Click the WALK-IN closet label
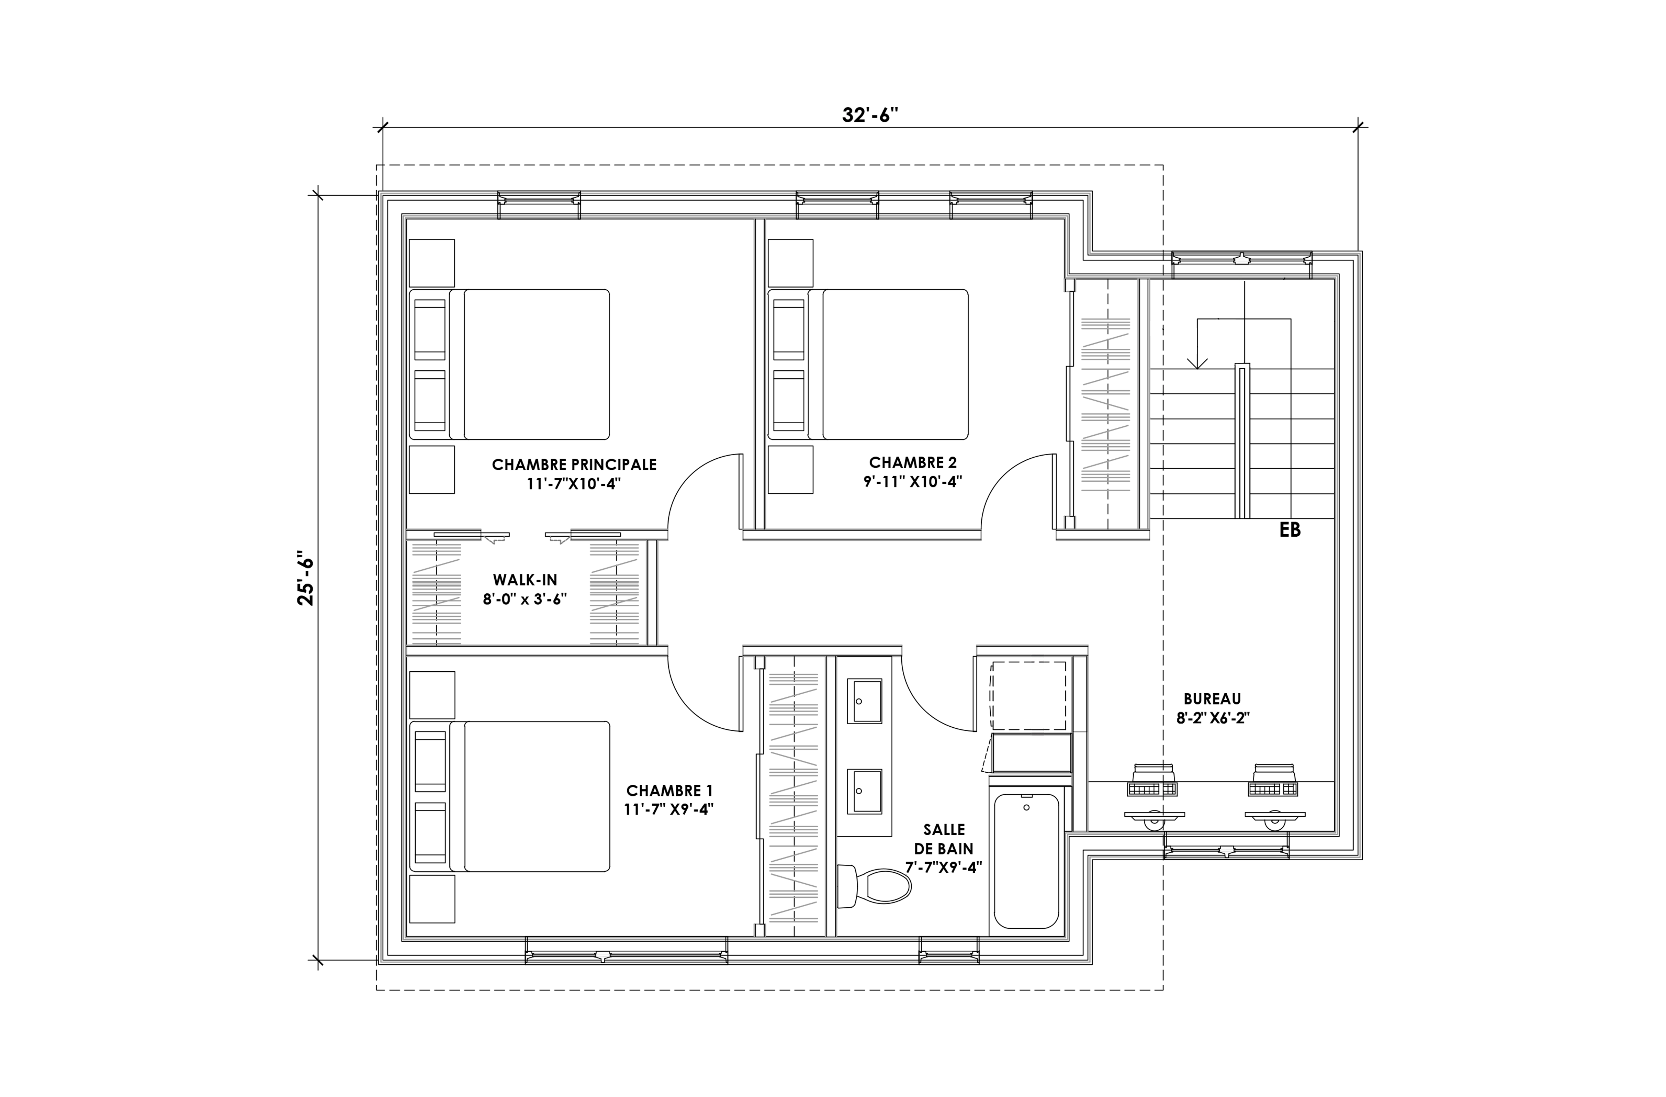click(525, 580)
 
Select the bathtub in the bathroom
click(1026, 861)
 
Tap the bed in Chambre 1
click(509, 797)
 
